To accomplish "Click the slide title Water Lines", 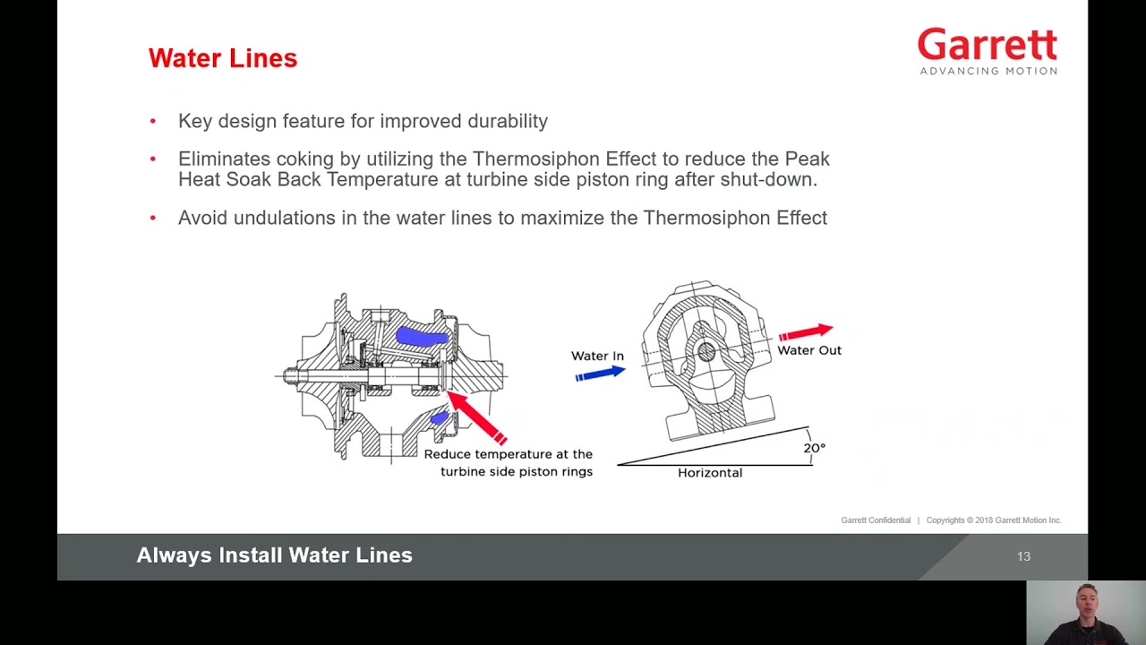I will (x=222, y=58).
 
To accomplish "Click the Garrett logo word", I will (x=987, y=45).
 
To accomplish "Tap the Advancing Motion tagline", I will (x=988, y=71).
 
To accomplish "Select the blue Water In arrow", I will (x=599, y=373).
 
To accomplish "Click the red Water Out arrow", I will (x=806, y=332).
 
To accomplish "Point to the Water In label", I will (x=597, y=356).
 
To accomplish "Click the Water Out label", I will (x=808, y=350).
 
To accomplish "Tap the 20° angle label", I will (x=813, y=448).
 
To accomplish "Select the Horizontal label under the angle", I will (x=709, y=472).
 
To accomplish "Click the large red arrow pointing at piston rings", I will (x=476, y=417).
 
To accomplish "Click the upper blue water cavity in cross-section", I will (x=421, y=337).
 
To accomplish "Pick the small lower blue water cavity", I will (x=439, y=417).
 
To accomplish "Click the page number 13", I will (x=1023, y=556).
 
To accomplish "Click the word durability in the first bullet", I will (x=508, y=121).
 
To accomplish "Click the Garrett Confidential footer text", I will (x=875, y=520).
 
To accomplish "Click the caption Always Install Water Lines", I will (x=274, y=555).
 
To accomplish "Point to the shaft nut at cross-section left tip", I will (x=290, y=376).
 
